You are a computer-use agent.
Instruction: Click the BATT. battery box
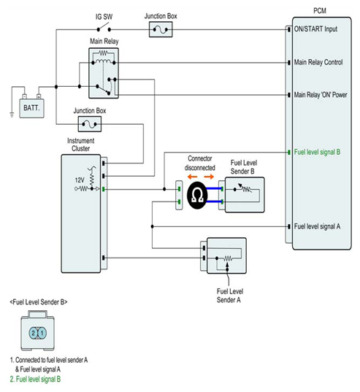[x=31, y=108]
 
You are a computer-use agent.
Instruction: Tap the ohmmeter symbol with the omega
[x=197, y=195]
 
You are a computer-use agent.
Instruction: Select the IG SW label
[x=104, y=17]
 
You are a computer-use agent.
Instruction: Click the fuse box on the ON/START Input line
[x=161, y=29]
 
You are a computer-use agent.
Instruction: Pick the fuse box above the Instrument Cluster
[x=90, y=124]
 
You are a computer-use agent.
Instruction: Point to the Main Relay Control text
[x=318, y=62]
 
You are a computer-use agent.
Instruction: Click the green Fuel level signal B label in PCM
[x=317, y=152]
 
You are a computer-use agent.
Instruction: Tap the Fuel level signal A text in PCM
[x=317, y=226]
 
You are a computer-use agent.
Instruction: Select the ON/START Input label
[x=315, y=29]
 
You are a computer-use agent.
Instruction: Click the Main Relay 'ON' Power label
[x=321, y=95]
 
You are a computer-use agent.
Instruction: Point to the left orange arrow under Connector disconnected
[x=192, y=177]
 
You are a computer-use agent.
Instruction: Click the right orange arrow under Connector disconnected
[x=209, y=177]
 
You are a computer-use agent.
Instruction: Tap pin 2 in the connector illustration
[x=34, y=333]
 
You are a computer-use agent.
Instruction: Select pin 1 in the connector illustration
[x=42, y=333]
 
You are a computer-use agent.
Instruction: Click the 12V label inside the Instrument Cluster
[x=80, y=180]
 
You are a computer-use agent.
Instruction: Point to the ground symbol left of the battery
[x=12, y=115]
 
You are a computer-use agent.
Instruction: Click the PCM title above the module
[x=320, y=11]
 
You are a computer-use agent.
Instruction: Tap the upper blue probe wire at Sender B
[x=214, y=189]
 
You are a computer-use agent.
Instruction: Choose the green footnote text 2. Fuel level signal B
[x=35, y=380]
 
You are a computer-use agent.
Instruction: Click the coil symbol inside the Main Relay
[x=104, y=61]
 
